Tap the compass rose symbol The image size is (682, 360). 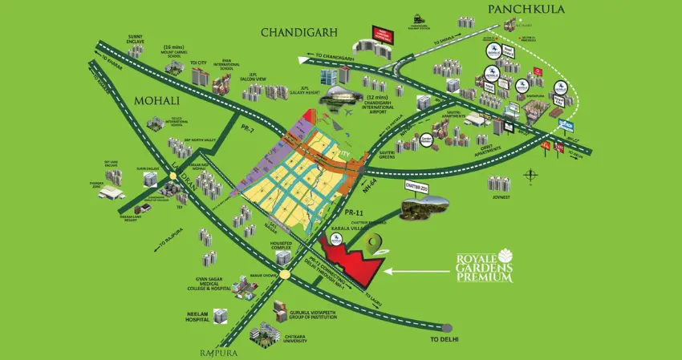click(x=530, y=175)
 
